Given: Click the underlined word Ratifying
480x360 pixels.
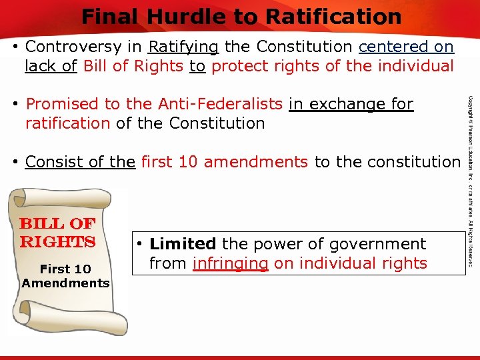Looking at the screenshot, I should click(x=183, y=47).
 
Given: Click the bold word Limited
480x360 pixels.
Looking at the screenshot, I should click(x=183, y=245).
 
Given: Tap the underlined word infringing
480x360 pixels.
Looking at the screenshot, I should click(x=230, y=263).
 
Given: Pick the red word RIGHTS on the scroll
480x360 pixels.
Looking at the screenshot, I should click(x=58, y=241).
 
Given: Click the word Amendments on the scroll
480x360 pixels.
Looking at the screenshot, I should click(x=65, y=283).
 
